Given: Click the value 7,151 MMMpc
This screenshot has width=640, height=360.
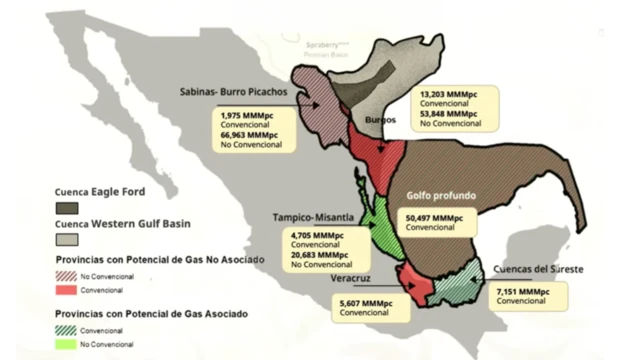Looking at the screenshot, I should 522,291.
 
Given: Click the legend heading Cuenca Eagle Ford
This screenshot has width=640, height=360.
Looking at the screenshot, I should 105,193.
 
